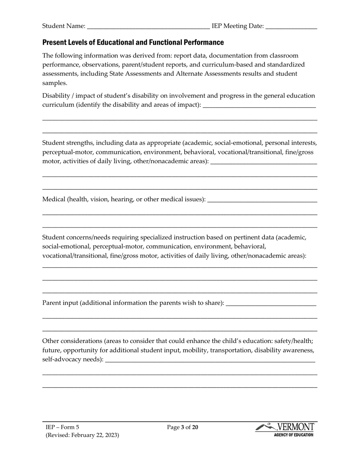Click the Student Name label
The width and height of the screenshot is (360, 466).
click(64, 26)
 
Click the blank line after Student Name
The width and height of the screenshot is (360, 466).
click(148, 27)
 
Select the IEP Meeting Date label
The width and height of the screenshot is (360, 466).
click(238, 26)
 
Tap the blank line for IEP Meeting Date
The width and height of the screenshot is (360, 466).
click(291, 27)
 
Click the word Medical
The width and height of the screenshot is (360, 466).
click(54, 199)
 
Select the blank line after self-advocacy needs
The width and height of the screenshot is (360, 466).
click(210, 361)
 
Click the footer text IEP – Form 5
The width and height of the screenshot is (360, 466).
click(63, 428)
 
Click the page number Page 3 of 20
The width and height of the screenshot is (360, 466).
click(183, 428)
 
